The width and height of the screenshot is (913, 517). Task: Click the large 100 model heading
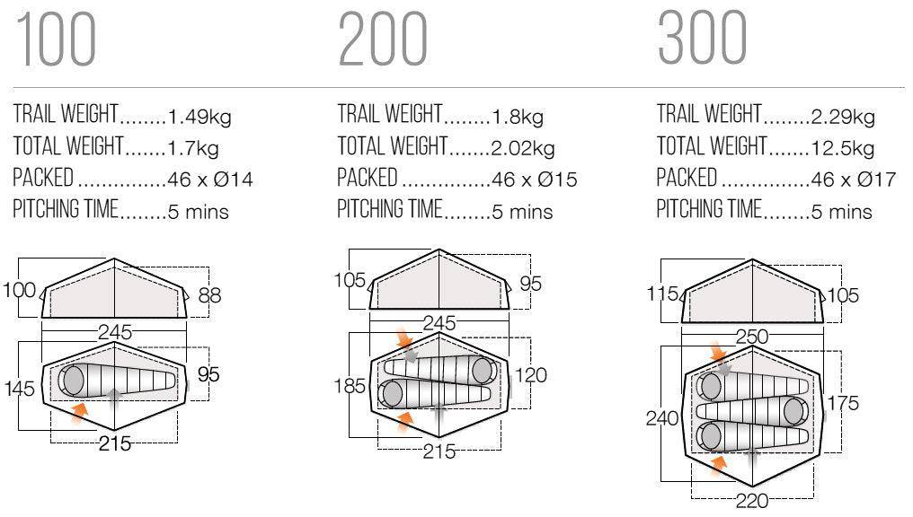pos(56,39)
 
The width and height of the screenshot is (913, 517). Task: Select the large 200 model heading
pos(383,39)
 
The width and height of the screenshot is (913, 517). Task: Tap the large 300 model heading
pos(703,38)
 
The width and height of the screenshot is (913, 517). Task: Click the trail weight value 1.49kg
pos(199,117)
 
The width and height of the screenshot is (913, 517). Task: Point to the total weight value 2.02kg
pos(523,148)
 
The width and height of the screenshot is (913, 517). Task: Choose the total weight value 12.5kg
pos(843,148)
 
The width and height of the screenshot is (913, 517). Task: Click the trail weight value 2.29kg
pos(843,117)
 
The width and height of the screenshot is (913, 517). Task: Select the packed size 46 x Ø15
pos(535,180)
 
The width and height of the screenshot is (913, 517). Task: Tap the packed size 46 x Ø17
pos(854,180)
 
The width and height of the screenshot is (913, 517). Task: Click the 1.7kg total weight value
pos(192,148)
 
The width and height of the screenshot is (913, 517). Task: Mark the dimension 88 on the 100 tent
pos(209,294)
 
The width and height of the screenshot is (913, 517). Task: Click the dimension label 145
pos(19,388)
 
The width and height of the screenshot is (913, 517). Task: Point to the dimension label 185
pos(350,386)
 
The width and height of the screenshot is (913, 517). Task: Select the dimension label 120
pos(530,374)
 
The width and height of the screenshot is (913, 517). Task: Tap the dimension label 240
pos(662,417)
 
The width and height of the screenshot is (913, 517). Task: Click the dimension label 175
pos(843,402)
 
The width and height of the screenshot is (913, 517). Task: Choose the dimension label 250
pos(752,336)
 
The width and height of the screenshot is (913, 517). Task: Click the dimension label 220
pos(752,500)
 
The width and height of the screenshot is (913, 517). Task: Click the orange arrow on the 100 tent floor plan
pos(79,412)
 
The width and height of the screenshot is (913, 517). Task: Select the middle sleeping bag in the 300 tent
pos(752,412)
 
